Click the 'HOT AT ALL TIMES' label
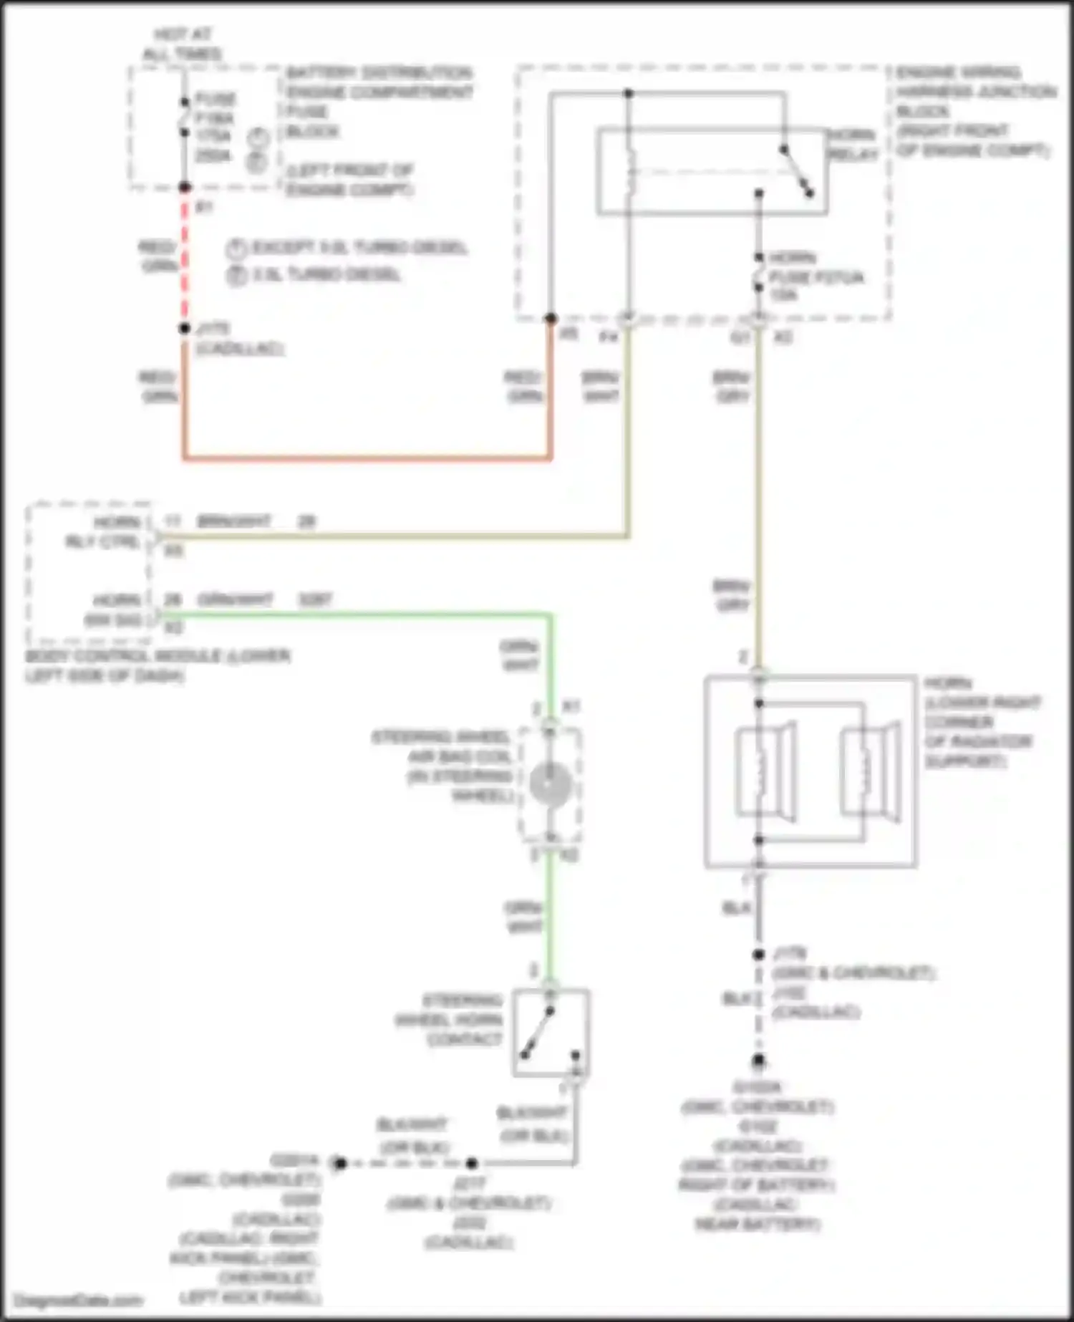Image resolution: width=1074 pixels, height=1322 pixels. [182, 44]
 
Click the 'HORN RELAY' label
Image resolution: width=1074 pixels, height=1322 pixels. [852, 145]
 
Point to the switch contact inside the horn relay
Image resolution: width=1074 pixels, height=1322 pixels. [797, 171]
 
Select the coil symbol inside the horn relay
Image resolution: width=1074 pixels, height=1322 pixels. [629, 172]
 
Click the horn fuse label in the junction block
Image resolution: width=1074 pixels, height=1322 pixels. [815, 276]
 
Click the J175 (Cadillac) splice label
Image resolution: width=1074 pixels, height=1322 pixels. [236, 339]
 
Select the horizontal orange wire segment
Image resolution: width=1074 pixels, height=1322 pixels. [367, 457]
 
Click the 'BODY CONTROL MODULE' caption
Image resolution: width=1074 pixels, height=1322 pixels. [158, 665]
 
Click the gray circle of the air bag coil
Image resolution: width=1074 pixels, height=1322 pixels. [550, 784]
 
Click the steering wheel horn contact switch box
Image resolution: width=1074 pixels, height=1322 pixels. [551, 1032]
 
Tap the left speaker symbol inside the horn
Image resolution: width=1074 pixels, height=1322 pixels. [765, 771]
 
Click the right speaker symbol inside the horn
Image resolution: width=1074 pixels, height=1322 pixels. [870, 771]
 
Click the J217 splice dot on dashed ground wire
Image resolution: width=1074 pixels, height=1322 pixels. [471, 1163]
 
